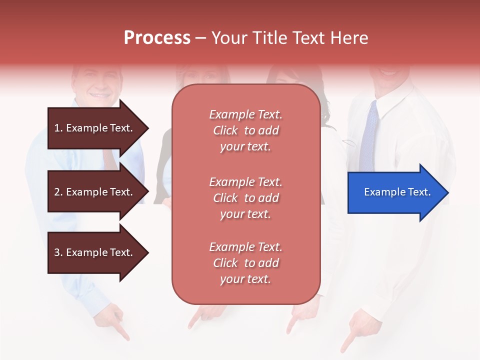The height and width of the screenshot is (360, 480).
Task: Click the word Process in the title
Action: (157, 37)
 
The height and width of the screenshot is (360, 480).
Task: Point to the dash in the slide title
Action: (200, 38)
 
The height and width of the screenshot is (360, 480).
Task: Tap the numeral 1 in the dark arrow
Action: (57, 128)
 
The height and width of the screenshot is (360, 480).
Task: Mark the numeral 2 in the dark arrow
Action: (57, 192)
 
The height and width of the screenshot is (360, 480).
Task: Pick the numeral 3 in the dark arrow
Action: (57, 252)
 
